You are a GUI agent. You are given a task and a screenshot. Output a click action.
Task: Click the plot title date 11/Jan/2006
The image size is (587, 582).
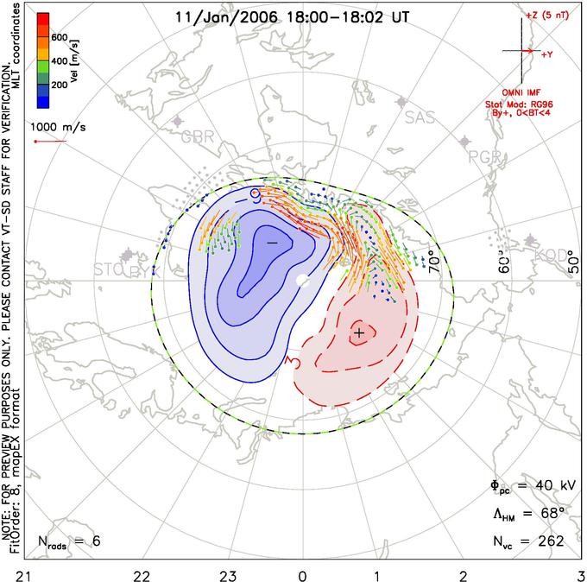216,16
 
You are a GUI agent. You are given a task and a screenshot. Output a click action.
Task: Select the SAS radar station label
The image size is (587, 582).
420,117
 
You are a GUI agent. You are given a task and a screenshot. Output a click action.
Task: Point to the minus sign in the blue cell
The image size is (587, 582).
272,244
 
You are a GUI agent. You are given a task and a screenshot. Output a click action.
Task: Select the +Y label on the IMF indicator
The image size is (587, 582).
547,54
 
